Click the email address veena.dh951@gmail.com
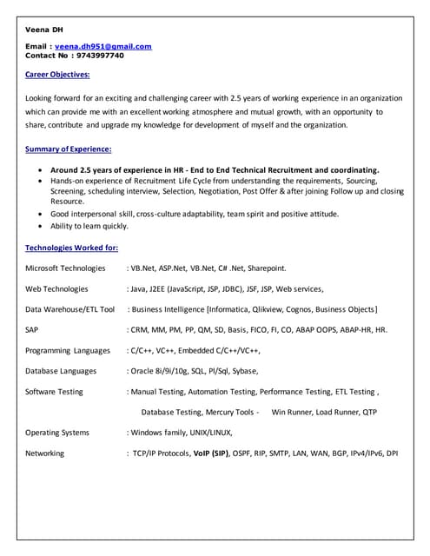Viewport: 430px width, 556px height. (104, 46)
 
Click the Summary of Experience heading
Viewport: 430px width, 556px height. (69, 149)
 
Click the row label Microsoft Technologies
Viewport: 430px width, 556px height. (65, 268)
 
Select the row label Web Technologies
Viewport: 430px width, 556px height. (56, 289)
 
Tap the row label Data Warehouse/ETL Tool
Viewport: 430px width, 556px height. (69, 309)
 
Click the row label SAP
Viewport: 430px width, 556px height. (31, 330)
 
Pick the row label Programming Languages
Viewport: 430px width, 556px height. (68, 351)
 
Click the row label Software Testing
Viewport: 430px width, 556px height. (54, 392)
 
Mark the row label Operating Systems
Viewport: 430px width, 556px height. (56, 433)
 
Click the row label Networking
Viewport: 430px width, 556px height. (44, 453)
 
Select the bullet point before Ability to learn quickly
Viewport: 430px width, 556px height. (43, 227)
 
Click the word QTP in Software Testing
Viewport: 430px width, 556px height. (369, 412)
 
